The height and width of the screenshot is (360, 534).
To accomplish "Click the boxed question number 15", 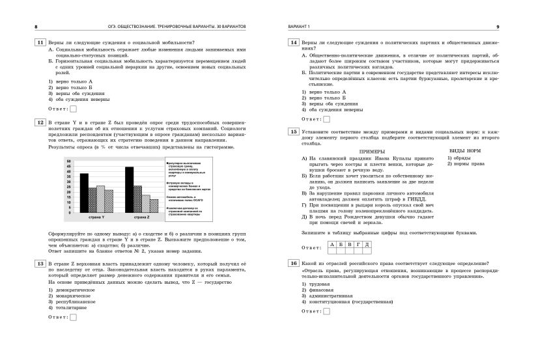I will tap(294, 131).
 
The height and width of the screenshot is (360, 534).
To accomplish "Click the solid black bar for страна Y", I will tap(85, 193).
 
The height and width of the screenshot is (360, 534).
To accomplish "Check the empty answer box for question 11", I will tap(72, 109).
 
